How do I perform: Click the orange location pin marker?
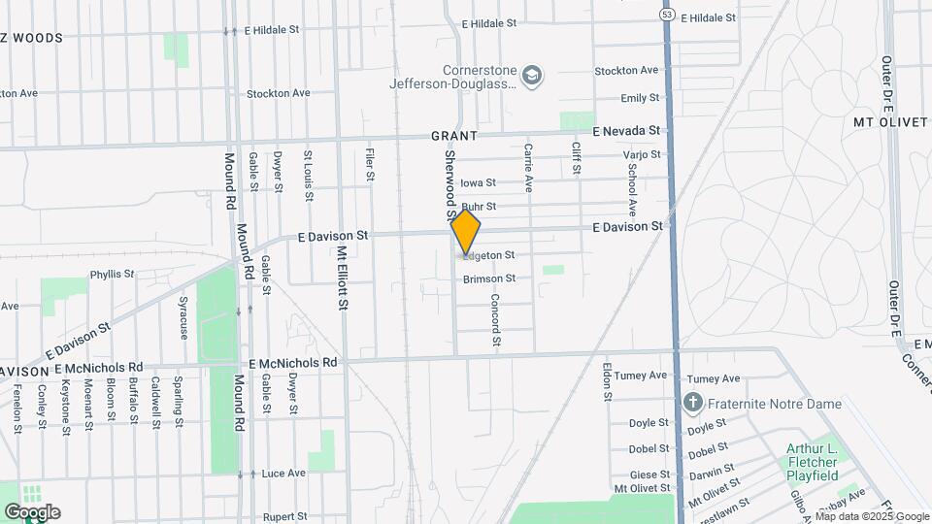click(x=466, y=233)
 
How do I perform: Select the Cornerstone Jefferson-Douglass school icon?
click(x=532, y=75)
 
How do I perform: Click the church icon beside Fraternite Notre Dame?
click(x=692, y=402)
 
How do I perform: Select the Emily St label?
click(x=640, y=98)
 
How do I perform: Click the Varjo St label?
click(x=642, y=154)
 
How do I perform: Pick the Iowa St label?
click(x=478, y=182)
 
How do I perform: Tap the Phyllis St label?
click(x=112, y=275)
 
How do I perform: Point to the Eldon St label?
click(x=607, y=382)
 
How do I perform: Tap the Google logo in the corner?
click(x=32, y=512)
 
